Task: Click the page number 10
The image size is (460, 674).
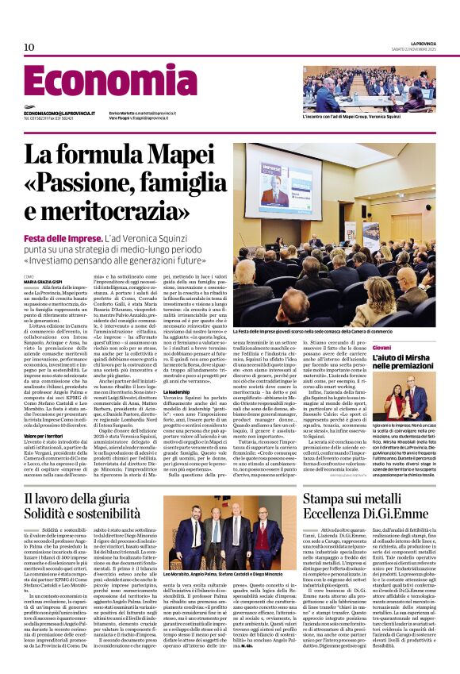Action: point(29,48)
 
